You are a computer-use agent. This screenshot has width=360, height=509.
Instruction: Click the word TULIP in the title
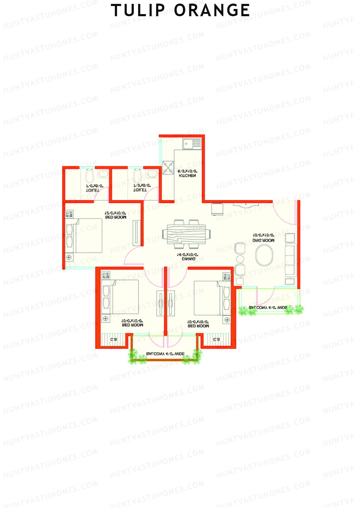click(x=138, y=10)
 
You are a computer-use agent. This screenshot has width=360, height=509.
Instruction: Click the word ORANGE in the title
click(x=212, y=10)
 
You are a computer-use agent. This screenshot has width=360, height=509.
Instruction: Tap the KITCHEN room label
click(x=187, y=175)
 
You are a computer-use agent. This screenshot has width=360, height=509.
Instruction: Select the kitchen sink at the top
click(x=192, y=144)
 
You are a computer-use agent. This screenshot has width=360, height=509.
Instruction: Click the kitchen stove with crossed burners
click(x=168, y=168)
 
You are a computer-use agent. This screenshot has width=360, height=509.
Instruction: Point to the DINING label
click(x=188, y=259)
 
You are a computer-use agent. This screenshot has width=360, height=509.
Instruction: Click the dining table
click(x=186, y=234)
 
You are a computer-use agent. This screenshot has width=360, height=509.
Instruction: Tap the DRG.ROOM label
click(x=263, y=240)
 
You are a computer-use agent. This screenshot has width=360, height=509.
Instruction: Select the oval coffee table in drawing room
click(x=264, y=255)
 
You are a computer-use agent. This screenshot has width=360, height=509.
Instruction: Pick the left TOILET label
click(x=93, y=190)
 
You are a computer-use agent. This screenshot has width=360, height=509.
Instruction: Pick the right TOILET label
click(x=140, y=190)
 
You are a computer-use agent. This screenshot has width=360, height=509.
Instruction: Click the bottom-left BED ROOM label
click(x=132, y=325)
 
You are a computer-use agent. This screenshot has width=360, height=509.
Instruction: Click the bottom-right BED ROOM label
click(x=198, y=325)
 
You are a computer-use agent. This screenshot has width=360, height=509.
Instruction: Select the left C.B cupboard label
click(x=113, y=340)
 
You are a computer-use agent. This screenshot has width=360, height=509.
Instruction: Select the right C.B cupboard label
click(x=216, y=340)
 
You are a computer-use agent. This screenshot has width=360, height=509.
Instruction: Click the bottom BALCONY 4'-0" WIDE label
click(x=165, y=354)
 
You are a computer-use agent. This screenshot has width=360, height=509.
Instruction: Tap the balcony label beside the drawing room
click(x=268, y=308)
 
